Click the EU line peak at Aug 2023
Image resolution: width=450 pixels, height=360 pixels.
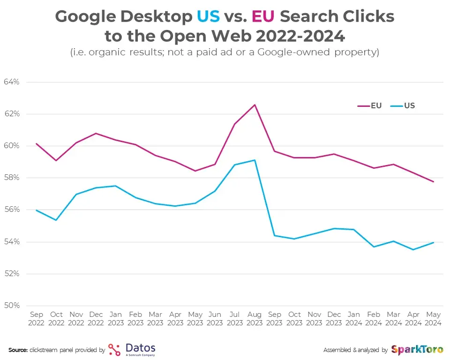[x=255, y=105]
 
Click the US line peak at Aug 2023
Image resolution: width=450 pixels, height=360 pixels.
[x=255, y=160]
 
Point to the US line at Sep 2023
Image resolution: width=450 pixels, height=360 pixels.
[x=274, y=235]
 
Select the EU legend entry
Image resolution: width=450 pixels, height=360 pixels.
[x=370, y=106]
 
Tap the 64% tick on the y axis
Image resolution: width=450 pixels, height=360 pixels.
[x=11, y=82]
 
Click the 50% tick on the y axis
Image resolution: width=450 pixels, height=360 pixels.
[x=11, y=306]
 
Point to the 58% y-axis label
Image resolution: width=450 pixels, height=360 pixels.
[x=11, y=178]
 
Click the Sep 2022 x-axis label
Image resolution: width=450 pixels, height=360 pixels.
[x=37, y=319]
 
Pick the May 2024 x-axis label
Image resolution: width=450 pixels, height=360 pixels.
[x=434, y=319]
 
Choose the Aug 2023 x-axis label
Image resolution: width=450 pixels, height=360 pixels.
[x=255, y=319]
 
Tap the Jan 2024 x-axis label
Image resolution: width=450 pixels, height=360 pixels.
[x=354, y=319]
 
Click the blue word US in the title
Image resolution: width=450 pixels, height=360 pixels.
[x=208, y=17]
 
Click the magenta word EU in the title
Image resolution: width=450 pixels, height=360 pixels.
[x=263, y=17]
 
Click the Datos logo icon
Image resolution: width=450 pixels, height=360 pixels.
[x=114, y=350]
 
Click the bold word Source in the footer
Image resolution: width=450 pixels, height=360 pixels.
[x=18, y=350]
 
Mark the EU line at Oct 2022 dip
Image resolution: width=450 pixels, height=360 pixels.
[x=56, y=161]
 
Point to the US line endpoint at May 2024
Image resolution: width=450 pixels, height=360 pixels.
[x=434, y=242]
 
